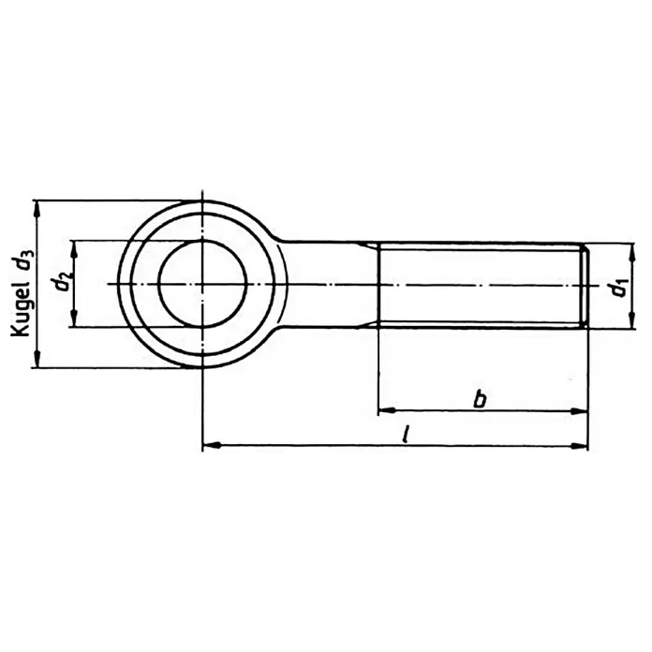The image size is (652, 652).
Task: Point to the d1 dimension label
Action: (619, 289)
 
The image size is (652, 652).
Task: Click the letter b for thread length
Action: (481, 399)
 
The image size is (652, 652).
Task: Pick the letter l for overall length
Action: (406, 434)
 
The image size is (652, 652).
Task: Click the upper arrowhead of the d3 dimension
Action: (37, 209)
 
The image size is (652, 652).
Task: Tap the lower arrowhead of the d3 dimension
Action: (37, 360)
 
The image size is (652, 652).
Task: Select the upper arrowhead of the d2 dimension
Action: (74, 249)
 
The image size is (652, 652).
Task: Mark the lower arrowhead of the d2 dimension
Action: (74, 319)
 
